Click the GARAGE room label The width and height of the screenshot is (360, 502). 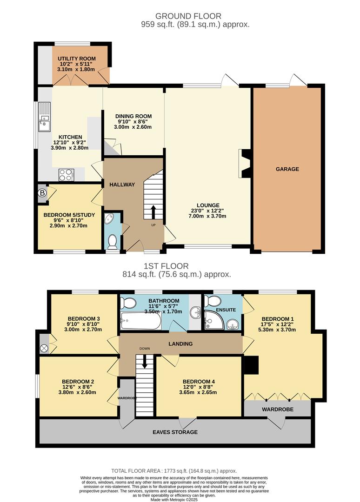tap(287, 169)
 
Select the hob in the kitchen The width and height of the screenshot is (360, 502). tap(66, 175)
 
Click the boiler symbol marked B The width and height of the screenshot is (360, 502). tap(43, 193)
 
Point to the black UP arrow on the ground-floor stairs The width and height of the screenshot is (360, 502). tap(153, 212)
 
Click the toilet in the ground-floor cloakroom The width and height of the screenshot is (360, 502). tap(112, 241)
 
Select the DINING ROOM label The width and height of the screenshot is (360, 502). tap(133, 116)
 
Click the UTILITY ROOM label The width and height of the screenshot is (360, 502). tap(76, 59)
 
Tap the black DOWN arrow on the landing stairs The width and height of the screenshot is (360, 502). tap(144, 361)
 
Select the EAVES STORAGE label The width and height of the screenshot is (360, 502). tap(174, 432)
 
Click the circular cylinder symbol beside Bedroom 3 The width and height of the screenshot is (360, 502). tap(44, 347)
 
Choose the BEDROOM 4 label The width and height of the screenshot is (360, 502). tap(199, 381)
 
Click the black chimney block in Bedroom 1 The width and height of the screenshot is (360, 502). tap(252, 365)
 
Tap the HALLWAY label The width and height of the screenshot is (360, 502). tap(122, 185)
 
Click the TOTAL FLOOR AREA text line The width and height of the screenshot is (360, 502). tap(174, 470)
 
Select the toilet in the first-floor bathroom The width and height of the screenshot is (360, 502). tap(127, 304)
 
